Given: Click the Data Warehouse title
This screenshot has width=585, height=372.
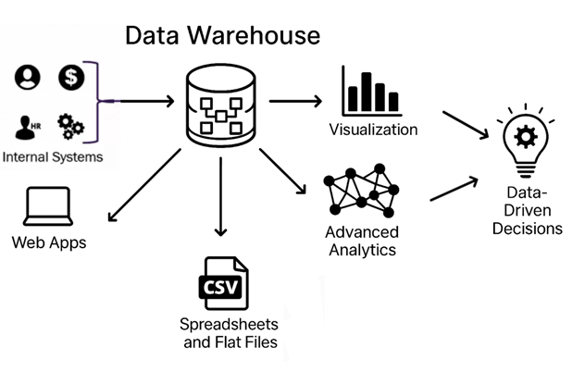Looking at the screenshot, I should pyautogui.click(x=222, y=35).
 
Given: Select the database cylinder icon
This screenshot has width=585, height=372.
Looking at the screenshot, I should pyautogui.click(x=221, y=103).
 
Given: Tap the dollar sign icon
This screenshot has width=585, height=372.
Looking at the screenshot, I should pyautogui.click(x=70, y=78).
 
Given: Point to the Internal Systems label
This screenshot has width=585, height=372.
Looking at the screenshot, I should pyautogui.click(x=53, y=156).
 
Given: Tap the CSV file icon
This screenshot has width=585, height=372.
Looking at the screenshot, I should pyautogui.click(x=223, y=284).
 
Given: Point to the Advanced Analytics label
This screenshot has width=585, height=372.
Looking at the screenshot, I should pyautogui.click(x=362, y=241).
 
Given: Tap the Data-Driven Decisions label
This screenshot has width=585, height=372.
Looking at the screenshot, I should pyautogui.click(x=528, y=210).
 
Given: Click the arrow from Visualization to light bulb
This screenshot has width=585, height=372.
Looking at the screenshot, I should pyautogui.click(x=466, y=126).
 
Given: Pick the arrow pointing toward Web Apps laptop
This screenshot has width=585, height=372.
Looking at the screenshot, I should pyautogui.click(x=144, y=190).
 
